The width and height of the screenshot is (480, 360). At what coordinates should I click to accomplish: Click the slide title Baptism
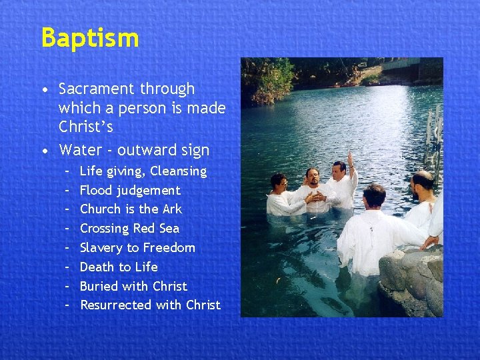click(90, 38)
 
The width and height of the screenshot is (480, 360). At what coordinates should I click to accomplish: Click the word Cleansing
click(178, 171)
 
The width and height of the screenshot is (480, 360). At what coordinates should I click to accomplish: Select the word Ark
click(171, 209)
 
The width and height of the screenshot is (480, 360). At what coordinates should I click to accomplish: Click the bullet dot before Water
click(44, 151)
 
